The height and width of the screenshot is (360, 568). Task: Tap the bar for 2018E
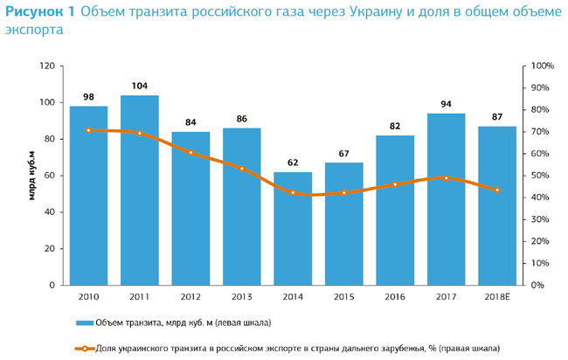pyautogui.click(x=496, y=205)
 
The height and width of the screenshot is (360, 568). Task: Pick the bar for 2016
pyautogui.click(x=394, y=210)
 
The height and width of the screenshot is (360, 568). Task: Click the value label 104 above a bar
pyautogui.click(x=140, y=86)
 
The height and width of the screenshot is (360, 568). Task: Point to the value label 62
pyautogui.click(x=293, y=163)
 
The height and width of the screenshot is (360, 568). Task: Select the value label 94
pyautogui.click(x=446, y=104)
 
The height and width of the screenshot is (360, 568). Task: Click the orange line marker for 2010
pyautogui.click(x=88, y=130)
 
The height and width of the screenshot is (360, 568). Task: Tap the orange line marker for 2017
pyautogui.click(x=446, y=177)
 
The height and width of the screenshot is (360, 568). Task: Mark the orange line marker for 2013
pyautogui.click(x=241, y=168)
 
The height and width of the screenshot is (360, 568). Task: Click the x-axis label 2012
pyautogui.click(x=190, y=297)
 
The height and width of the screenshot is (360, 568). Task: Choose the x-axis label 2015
pyautogui.click(x=343, y=297)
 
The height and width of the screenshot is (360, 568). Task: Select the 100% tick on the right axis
pyautogui.click(x=543, y=66)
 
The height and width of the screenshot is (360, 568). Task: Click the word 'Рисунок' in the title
pyautogui.click(x=34, y=12)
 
